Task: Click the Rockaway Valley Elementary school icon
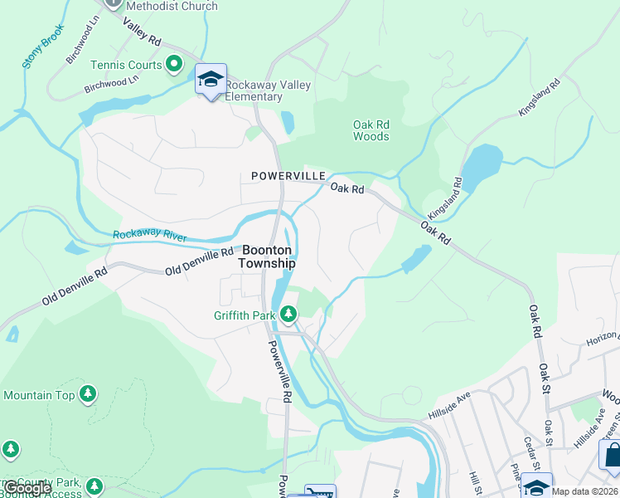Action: point(211,80)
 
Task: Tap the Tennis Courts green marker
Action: point(174,63)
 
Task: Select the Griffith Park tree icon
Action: point(288,314)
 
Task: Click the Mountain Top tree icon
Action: point(88,394)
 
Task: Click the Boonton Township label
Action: point(266,256)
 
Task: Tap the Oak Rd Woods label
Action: point(371,130)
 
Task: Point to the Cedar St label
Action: point(527,452)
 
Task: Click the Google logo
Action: point(27,489)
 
